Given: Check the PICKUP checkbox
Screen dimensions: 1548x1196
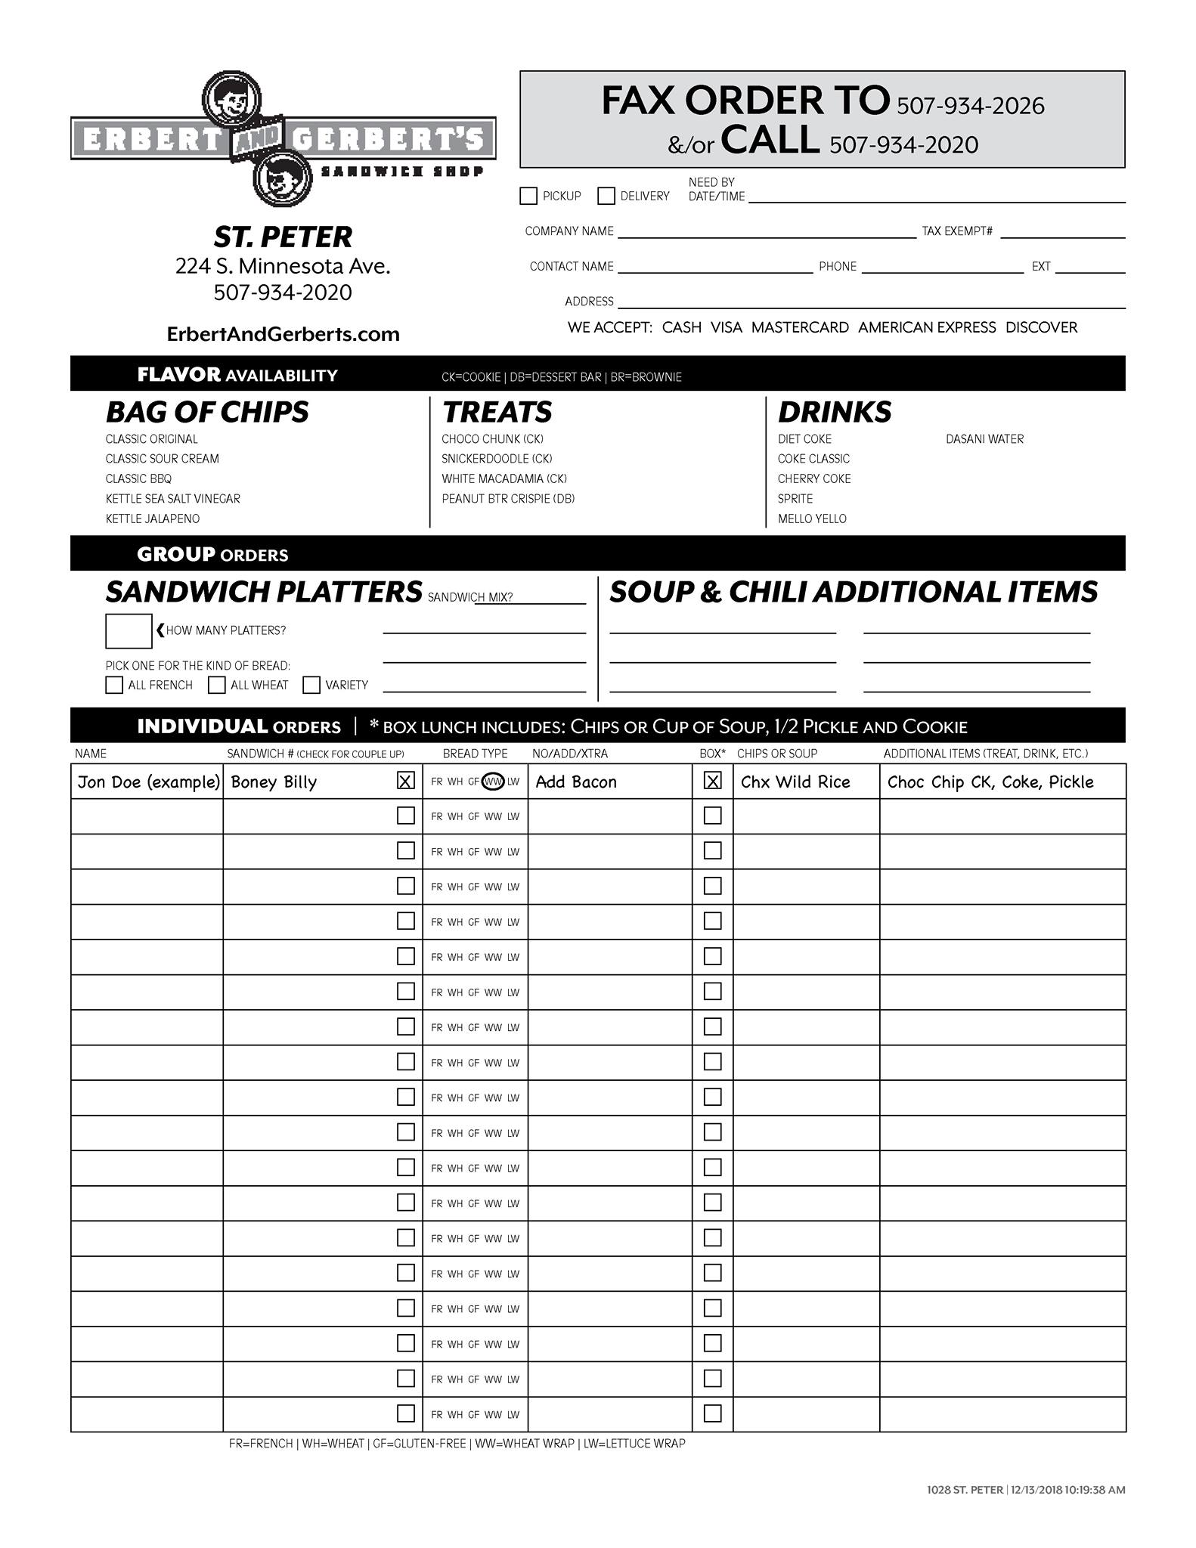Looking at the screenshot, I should click(528, 196).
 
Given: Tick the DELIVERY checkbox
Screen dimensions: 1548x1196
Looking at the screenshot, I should click(606, 196).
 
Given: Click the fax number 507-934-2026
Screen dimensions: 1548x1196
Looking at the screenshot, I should click(970, 106).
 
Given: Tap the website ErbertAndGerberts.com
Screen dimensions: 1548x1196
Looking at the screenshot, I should click(283, 334).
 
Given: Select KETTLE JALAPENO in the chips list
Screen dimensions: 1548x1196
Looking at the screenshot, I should click(153, 519).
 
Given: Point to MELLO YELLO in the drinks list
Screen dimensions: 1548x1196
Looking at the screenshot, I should click(812, 519).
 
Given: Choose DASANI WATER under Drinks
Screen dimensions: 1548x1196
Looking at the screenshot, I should click(984, 439).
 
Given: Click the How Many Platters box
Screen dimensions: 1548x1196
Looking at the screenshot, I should click(129, 631).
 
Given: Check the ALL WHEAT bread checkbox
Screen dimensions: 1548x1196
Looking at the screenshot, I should click(217, 685).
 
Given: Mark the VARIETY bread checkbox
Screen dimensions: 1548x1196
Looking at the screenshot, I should click(311, 685).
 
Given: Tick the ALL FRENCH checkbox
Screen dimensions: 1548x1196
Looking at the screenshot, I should click(114, 685).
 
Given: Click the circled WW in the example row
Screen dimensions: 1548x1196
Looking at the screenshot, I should click(493, 782).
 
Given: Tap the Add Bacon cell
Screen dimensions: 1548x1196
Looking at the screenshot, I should click(576, 782).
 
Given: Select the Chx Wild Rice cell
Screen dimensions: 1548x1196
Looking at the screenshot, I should click(795, 782).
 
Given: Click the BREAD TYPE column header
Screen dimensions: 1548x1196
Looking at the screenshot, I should click(475, 754).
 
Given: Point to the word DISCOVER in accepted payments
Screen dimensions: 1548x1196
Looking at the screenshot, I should click(1041, 327).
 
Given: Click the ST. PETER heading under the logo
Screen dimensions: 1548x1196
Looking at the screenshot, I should click(283, 237).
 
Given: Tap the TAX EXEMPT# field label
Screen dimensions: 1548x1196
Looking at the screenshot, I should click(956, 231).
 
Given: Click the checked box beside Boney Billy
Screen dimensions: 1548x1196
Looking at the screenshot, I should click(406, 781).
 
